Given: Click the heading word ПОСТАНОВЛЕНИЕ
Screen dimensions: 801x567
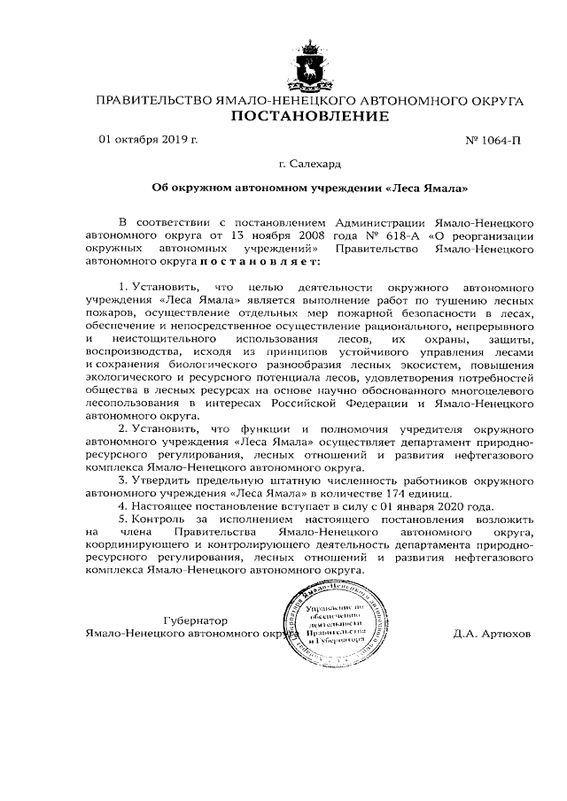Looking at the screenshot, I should [309, 117].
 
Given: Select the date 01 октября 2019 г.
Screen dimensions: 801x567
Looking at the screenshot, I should [148, 140].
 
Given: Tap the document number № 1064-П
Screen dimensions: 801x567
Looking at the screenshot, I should [493, 141].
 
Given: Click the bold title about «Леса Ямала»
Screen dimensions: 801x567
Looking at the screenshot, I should [310, 189].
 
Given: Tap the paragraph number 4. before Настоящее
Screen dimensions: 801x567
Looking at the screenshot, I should [122, 507].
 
